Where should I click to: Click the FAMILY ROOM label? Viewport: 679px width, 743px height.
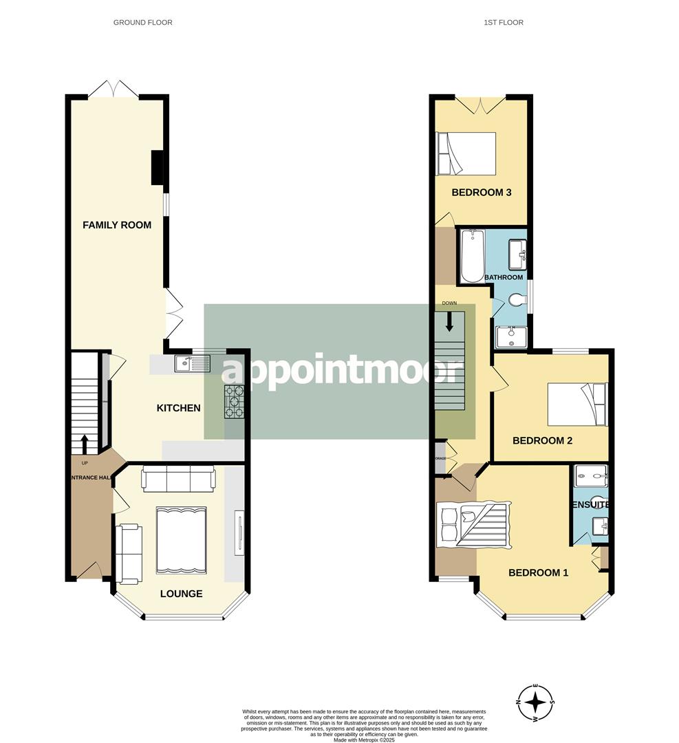point(117,225)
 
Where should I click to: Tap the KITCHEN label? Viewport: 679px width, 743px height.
point(178,408)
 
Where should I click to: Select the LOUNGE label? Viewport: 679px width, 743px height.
point(181,594)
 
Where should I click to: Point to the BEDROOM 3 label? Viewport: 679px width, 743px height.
point(481,193)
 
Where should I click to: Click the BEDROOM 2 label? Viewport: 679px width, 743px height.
point(542,440)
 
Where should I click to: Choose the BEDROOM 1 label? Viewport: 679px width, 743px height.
point(538,572)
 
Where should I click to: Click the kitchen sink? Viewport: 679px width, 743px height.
point(193,363)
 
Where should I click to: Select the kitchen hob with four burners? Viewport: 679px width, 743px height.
point(235,401)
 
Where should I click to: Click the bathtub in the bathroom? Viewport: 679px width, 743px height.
point(472,256)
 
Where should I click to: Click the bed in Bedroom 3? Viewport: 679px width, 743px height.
point(466,153)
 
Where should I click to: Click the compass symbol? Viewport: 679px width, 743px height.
point(535,703)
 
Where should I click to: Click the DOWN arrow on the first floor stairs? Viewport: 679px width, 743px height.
point(449,321)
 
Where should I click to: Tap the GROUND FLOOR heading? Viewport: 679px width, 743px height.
point(143,23)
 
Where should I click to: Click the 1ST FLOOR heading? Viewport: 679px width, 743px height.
point(504,23)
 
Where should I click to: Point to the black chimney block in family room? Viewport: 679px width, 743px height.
point(158,168)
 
